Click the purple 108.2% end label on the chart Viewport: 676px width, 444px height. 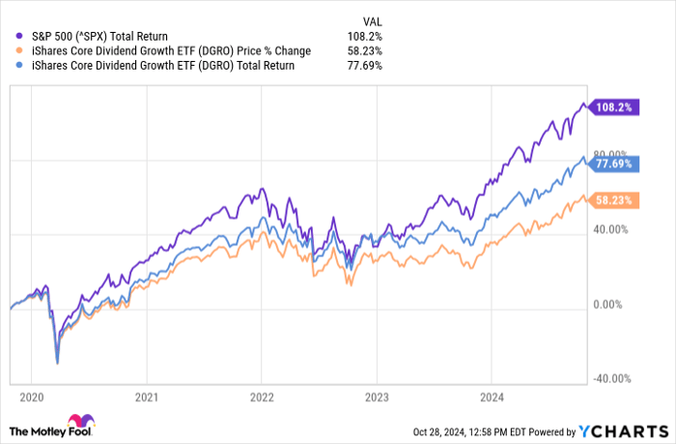[x=611, y=107]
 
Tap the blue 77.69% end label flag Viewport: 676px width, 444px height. [x=611, y=163]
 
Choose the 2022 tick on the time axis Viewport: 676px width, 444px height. [x=261, y=396]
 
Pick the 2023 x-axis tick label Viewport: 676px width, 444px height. [x=376, y=396]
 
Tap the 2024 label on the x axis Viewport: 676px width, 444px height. [x=491, y=396]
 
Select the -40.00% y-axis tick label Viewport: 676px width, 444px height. [x=610, y=379]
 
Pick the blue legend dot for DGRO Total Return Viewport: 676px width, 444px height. [x=20, y=65]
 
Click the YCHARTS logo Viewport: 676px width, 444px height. [x=625, y=429]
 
